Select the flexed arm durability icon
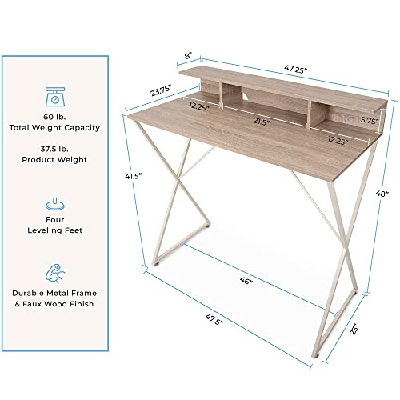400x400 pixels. pos(55,270)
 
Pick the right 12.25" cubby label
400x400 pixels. pos(339,139)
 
